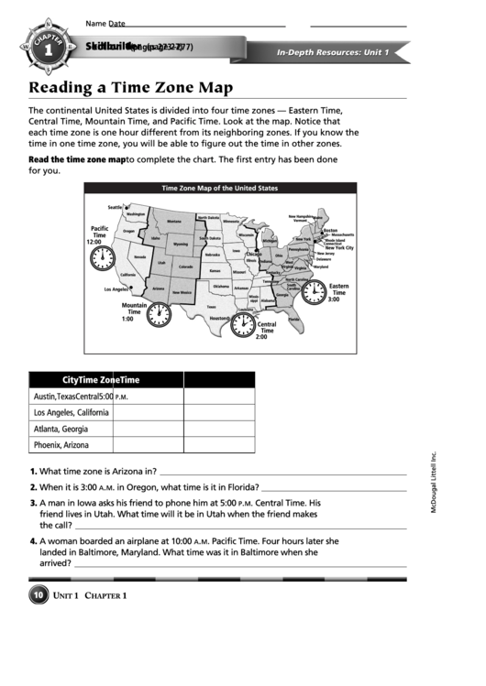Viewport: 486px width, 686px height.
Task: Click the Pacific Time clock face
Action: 100,259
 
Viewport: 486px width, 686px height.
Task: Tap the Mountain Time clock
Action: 160,314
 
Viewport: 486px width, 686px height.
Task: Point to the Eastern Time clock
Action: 315,292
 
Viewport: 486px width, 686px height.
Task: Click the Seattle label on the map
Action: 115,207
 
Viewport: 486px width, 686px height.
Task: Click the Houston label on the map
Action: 219,318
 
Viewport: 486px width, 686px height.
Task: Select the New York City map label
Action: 338,247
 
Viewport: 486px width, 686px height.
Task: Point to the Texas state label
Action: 211,307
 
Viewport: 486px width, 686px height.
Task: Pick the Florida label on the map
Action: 293,317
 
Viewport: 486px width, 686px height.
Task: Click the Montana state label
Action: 173,221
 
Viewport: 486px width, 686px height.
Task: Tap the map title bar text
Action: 219,188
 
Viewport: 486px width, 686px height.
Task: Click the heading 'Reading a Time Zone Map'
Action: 130,88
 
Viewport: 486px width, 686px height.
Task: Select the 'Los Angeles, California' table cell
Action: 71,412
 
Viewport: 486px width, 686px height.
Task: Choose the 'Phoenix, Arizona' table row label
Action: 61,445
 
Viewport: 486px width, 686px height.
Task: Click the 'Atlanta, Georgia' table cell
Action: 61,429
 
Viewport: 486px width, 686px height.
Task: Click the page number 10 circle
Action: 39,596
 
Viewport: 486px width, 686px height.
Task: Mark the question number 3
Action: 33,504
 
